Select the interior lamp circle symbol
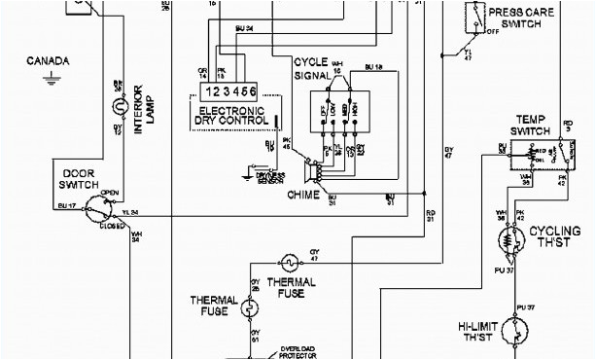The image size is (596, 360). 120,104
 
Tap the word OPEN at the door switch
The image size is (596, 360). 109,192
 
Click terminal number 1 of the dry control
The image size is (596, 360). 205,90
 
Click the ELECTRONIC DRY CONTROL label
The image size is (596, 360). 233,116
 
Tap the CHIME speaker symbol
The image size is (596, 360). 314,172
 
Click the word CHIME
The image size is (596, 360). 310,195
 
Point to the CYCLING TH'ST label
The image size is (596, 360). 556,237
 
